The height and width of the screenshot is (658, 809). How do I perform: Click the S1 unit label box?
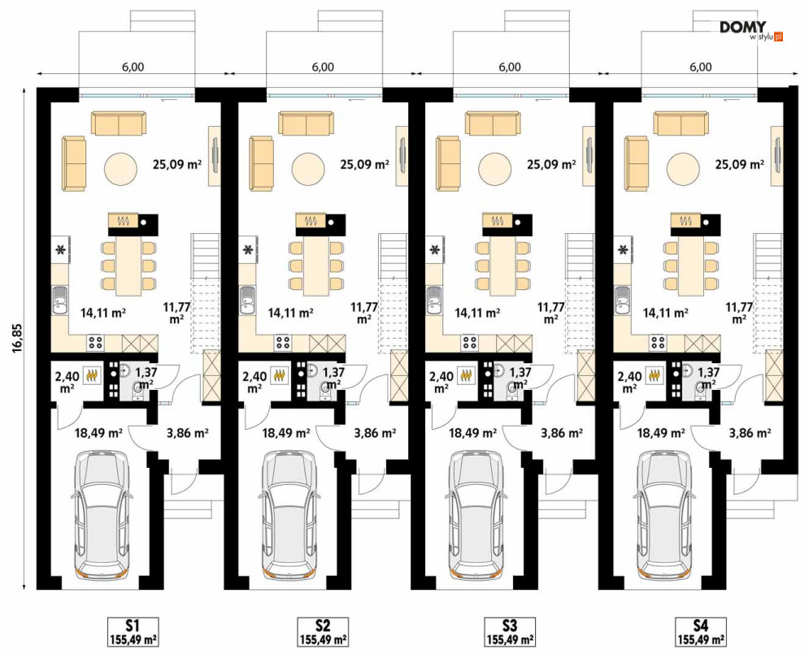coord(133,631)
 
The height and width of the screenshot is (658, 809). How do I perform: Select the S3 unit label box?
coord(510,631)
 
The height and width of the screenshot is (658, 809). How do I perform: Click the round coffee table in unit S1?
coord(121,169)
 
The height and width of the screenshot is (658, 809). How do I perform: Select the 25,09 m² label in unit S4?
coord(739,164)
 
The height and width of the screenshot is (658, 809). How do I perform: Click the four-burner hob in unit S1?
coord(96,343)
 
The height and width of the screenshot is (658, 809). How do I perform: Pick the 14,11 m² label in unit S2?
coord(291,312)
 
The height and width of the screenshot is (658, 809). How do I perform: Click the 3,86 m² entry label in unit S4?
coord(750,433)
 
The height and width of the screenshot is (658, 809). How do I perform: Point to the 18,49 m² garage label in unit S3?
coord(472,433)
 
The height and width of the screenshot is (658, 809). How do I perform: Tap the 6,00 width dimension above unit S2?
coord(323,67)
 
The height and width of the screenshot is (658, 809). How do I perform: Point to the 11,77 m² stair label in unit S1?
coord(176,312)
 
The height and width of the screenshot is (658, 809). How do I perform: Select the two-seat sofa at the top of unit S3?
coord(493,123)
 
